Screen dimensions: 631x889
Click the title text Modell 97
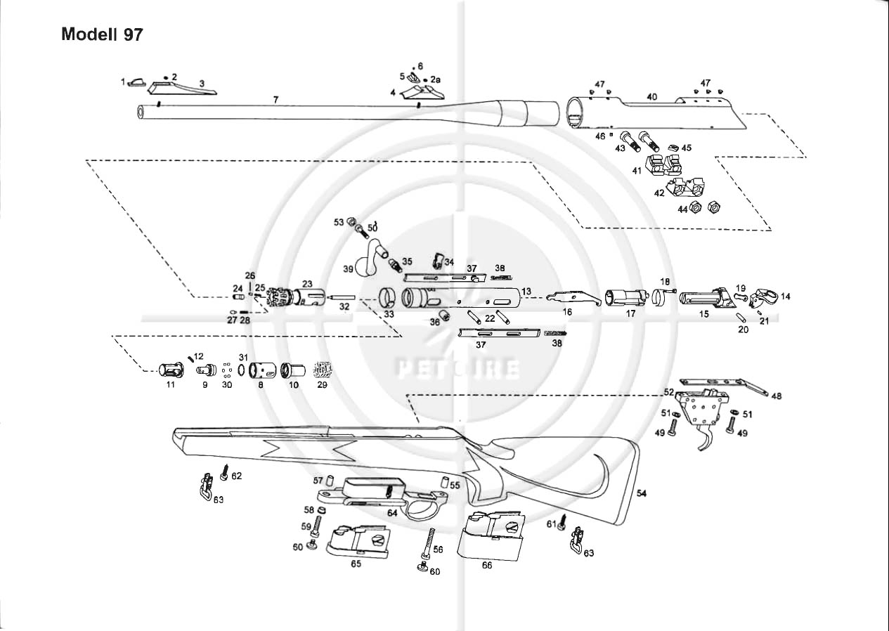coord(103,34)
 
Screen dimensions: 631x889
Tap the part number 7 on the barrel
coord(276,100)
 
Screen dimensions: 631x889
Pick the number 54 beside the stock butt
coord(641,494)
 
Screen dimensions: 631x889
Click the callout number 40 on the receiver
coord(651,97)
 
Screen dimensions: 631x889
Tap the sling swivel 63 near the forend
coord(206,486)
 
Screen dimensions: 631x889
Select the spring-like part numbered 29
coord(323,369)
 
